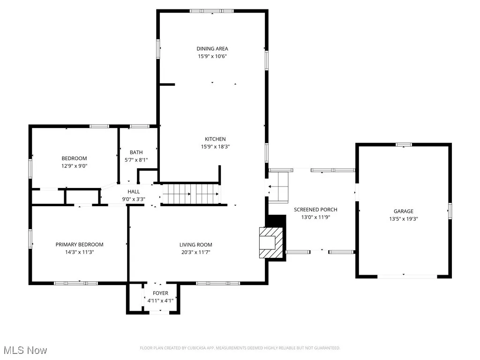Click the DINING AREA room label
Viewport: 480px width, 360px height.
[x=212, y=48]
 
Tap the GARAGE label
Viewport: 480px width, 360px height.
[x=403, y=211]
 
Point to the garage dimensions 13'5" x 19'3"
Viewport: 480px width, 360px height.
[x=403, y=219]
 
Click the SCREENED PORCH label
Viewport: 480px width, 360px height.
[x=315, y=210]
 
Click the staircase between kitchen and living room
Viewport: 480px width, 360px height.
[x=191, y=194]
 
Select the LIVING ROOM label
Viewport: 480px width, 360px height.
[x=195, y=245]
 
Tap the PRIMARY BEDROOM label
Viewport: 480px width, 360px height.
[x=79, y=245]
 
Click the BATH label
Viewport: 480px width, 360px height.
[x=136, y=152]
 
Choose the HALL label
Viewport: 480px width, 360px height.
[x=134, y=191]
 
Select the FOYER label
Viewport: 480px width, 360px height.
[x=160, y=293]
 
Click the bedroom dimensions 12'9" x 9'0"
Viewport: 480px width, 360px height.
[x=74, y=166]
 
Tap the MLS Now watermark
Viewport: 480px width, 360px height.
[x=24, y=350]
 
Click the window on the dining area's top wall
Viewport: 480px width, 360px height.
[x=212, y=10]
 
